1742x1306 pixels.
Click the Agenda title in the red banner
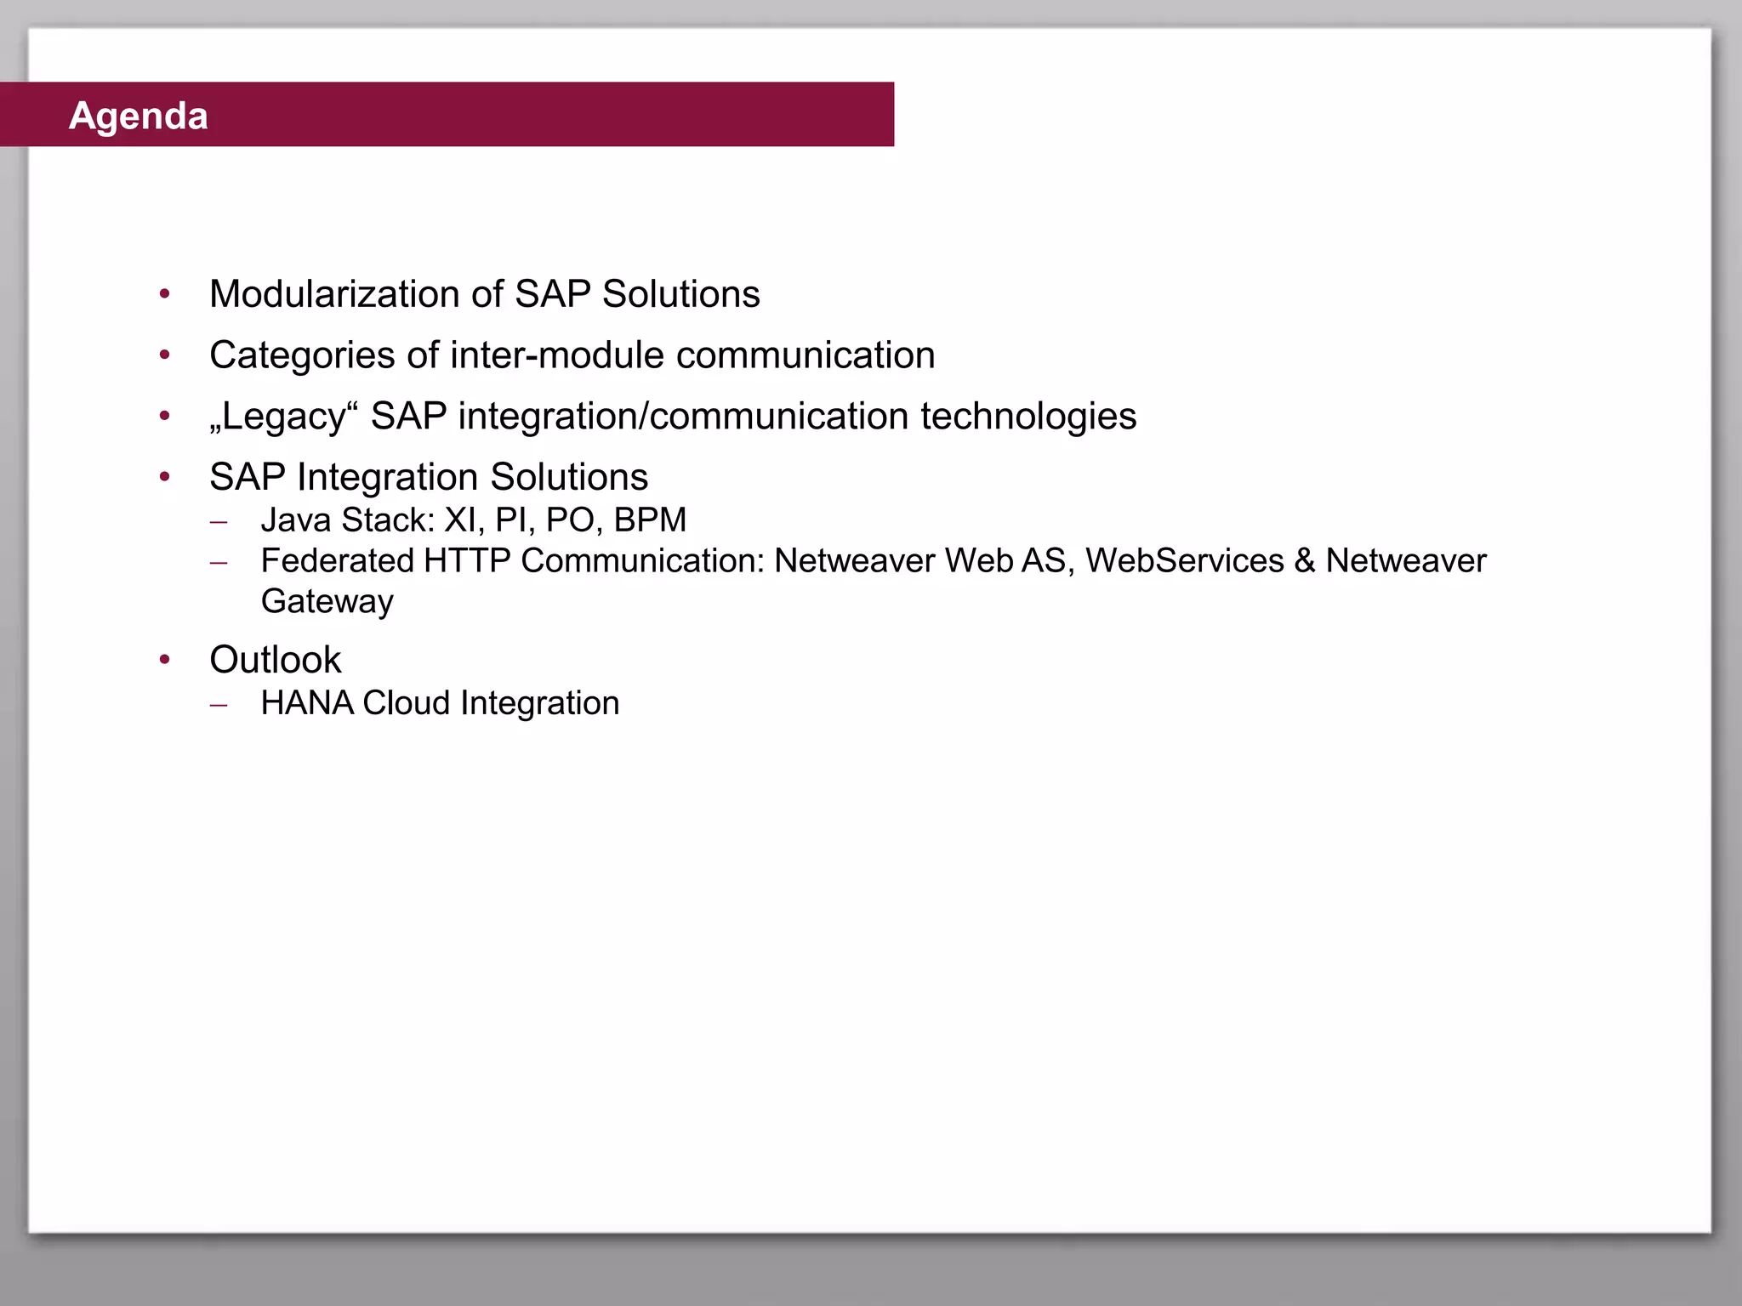(139, 116)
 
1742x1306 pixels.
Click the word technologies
(1028, 417)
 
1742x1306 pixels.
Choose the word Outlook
(275, 660)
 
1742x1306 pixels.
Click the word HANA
(307, 703)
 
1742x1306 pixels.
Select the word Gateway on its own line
(327, 602)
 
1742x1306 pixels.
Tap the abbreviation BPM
(650, 520)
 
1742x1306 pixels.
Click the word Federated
(337, 561)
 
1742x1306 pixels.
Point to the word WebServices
(1185, 561)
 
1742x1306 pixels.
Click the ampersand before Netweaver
(1304, 561)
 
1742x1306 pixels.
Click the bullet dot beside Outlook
(165, 659)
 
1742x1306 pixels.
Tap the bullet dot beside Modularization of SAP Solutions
(165, 294)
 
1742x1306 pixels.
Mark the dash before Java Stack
(219, 521)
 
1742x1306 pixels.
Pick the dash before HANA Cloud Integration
(219, 704)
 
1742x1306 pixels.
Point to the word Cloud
(407, 703)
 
